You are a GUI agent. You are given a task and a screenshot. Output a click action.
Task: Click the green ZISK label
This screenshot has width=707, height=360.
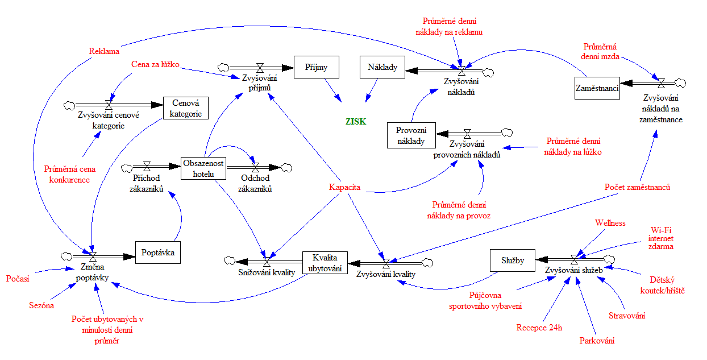(x=356, y=121)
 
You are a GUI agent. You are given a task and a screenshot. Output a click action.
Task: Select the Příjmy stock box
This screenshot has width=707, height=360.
(x=316, y=67)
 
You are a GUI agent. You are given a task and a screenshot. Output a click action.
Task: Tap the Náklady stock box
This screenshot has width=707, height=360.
(x=382, y=67)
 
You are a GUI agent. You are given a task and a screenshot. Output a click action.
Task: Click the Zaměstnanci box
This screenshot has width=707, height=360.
(x=596, y=88)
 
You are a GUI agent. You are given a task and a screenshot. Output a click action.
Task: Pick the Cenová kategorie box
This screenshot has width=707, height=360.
(x=185, y=108)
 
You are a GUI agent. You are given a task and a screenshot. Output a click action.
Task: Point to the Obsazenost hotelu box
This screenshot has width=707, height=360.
(x=203, y=168)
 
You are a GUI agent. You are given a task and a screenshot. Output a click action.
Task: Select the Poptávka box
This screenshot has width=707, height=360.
(x=158, y=252)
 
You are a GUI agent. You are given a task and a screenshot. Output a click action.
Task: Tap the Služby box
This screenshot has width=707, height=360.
(x=513, y=260)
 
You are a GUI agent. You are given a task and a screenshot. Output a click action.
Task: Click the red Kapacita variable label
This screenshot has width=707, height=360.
(x=345, y=187)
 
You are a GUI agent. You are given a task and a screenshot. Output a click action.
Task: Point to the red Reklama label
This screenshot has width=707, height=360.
(x=104, y=51)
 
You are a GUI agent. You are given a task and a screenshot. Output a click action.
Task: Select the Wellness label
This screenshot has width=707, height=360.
(x=610, y=222)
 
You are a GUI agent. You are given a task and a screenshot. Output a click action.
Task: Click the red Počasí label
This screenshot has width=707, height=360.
(x=18, y=279)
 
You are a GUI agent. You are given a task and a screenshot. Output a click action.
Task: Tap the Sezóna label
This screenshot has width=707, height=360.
(x=41, y=305)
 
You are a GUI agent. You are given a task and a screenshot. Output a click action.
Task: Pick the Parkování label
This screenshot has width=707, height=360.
(x=597, y=341)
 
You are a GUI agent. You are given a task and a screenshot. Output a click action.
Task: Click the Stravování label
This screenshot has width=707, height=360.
(x=627, y=316)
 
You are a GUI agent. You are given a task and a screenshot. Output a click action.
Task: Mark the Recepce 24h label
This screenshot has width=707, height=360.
(x=539, y=328)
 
